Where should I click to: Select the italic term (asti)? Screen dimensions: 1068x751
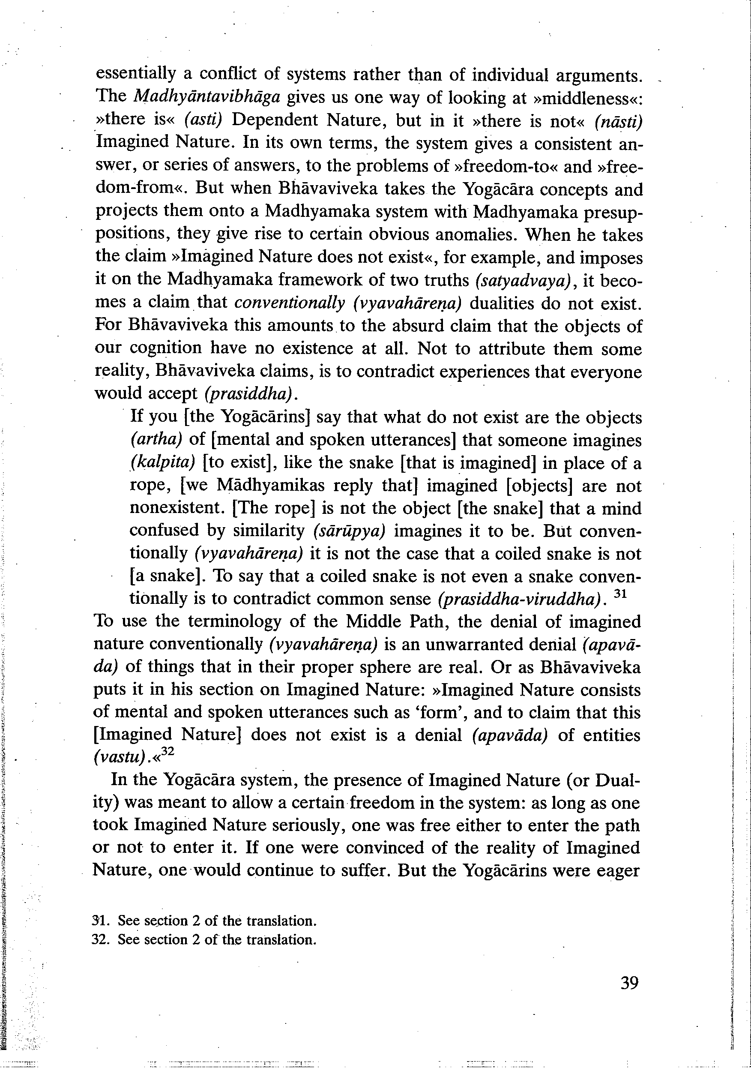point(203,120)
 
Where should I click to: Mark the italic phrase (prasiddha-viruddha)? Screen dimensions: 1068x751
point(521,599)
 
